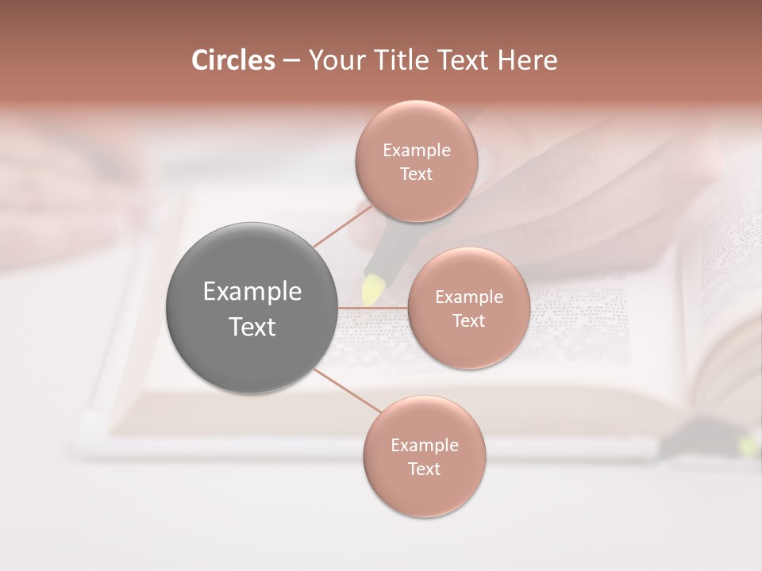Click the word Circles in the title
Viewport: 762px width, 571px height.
pyautogui.click(x=233, y=60)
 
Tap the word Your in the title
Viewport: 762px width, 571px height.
pyautogui.click(x=336, y=60)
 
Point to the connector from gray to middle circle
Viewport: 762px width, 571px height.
pyautogui.click(x=373, y=308)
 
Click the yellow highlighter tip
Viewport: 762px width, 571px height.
pyautogui.click(x=371, y=289)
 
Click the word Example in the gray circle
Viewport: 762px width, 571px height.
pyautogui.click(x=252, y=292)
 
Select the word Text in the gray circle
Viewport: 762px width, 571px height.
pyautogui.click(x=252, y=327)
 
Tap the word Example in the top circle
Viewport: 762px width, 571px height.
pyautogui.click(x=416, y=151)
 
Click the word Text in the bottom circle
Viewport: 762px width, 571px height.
pyautogui.click(x=424, y=469)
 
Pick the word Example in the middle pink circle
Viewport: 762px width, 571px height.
pyautogui.click(x=468, y=297)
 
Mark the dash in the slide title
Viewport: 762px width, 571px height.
pyautogui.click(x=291, y=60)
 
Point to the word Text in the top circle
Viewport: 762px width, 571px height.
pyautogui.click(x=416, y=174)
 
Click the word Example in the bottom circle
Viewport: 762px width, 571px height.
pyautogui.click(x=424, y=446)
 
